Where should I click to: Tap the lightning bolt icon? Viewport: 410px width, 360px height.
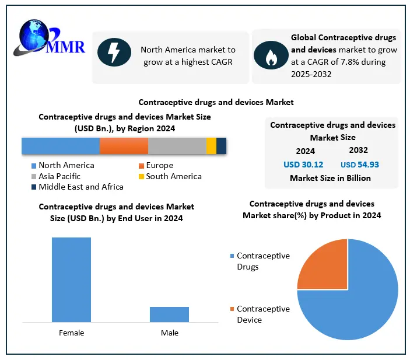click(x=114, y=52)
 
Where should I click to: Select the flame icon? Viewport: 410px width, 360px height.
click(x=270, y=56)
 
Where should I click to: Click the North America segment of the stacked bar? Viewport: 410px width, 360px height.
click(x=61, y=146)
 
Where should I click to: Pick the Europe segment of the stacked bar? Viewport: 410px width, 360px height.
click(x=124, y=146)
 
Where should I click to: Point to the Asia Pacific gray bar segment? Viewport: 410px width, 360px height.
click(x=177, y=146)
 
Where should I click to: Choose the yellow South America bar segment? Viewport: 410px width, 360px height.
click(x=211, y=146)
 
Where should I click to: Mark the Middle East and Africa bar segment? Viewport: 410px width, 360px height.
click(x=221, y=146)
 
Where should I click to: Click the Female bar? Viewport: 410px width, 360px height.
click(x=71, y=279)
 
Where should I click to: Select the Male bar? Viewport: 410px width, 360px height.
click(x=169, y=314)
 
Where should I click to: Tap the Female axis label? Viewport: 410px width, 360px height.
click(x=71, y=333)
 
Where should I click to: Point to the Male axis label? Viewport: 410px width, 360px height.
click(x=169, y=333)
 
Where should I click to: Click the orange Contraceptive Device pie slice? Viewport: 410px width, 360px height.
click(x=323, y=264)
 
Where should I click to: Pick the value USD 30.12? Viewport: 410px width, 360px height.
click(x=303, y=165)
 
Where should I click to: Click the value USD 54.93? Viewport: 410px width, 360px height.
click(x=360, y=165)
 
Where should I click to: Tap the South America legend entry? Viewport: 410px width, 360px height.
click(x=173, y=176)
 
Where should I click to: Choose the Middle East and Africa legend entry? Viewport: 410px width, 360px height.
click(x=80, y=187)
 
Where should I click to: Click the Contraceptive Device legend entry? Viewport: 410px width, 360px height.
click(x=262, y=314)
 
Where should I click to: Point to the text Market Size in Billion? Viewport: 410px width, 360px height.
click(x=330, y=178)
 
